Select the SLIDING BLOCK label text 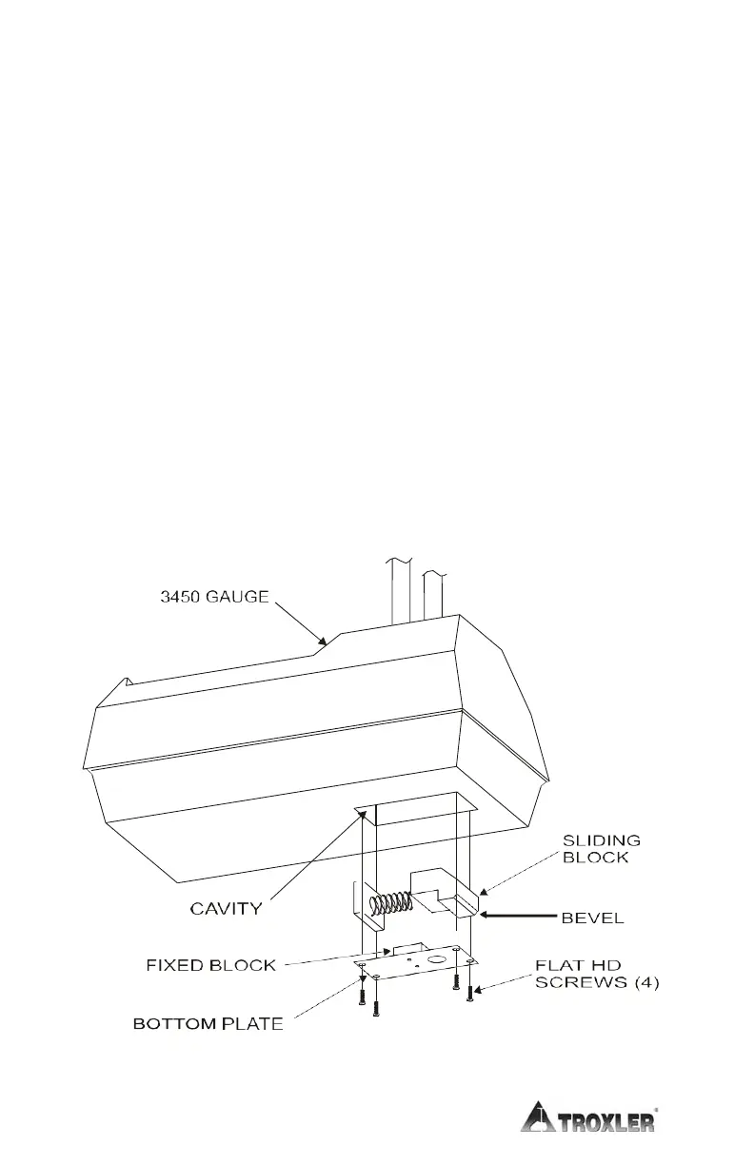601,848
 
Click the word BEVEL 592,918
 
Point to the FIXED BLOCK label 211,966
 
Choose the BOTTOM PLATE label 208,1025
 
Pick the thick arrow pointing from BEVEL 520,918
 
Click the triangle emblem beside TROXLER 540,1117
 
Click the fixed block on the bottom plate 407,948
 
